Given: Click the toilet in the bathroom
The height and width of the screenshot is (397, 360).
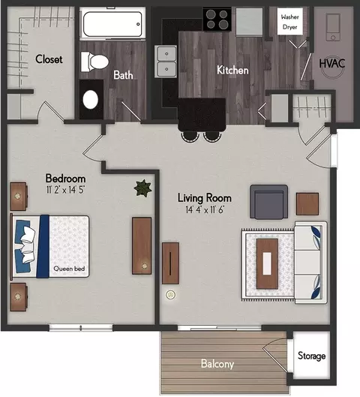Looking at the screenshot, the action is click(94, 62).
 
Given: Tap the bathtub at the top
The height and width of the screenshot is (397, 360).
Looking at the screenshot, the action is click(112, 24).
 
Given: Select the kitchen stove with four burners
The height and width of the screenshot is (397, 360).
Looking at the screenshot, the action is click(217, 20).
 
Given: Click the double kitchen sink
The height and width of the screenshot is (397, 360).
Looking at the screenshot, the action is click(166, 62).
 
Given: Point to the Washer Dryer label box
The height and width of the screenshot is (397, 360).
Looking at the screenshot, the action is click(290, 22).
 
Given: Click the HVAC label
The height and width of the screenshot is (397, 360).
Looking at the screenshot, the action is click(332, 64).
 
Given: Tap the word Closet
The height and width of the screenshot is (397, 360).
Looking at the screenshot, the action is click(49, 59).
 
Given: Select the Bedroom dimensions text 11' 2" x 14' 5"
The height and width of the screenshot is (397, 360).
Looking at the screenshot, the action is click(65, 190).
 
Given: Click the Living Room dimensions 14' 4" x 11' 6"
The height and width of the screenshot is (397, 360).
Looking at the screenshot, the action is click(205, 209).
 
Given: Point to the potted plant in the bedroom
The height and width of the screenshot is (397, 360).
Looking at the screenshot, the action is click(143, 188).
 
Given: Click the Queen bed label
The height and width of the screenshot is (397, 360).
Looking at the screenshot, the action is click(69, 269).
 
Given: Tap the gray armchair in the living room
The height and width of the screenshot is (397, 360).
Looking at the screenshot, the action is click(268, 202).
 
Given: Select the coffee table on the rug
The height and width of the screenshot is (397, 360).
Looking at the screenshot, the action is click(267, 263).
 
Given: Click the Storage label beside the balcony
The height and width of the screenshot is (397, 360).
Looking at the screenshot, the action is click(311, 356).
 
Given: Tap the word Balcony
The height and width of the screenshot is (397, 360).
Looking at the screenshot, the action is click(217, 364).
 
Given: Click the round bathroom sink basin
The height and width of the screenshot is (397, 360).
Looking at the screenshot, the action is click(90, 100).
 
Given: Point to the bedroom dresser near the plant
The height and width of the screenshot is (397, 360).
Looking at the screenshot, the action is click(142, 246).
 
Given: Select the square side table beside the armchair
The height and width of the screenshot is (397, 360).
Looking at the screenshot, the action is click(307, 204).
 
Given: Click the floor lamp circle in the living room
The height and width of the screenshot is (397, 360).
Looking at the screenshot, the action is click(171, 295).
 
